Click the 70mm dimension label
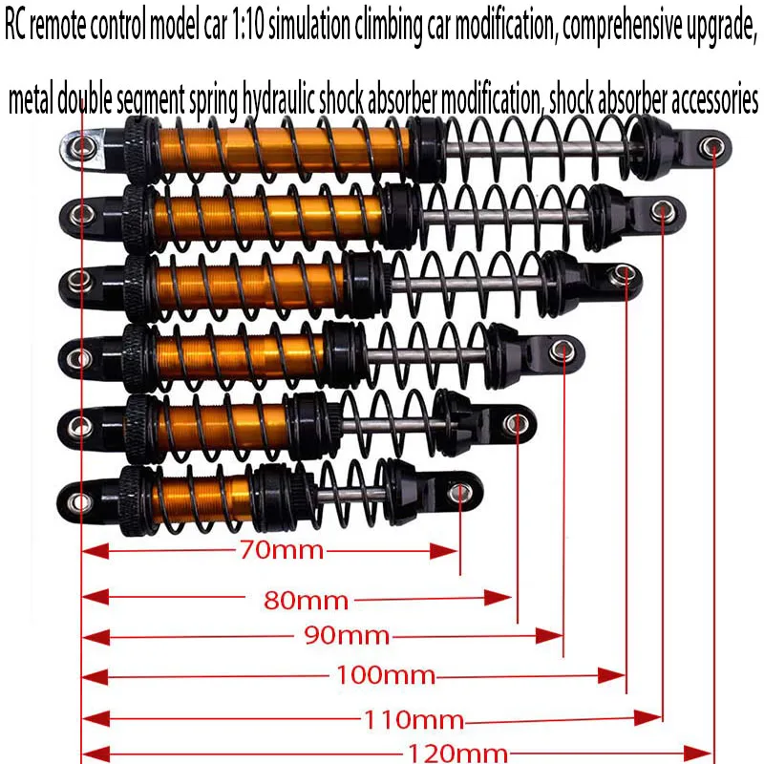tap(281, 551)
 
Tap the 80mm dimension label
tap(306, 601)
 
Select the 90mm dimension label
tap(347, 636)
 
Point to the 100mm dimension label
tap(386, 676)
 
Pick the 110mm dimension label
tap(414, 720)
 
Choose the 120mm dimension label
tap(457, 753)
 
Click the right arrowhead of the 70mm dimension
tap(444, 552)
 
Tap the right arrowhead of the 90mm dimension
tap(549, 636)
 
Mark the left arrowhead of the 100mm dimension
tap(95, 677)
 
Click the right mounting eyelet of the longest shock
tap(711, 147)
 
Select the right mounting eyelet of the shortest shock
tap(458, 493)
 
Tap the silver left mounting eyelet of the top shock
tap(81, 146)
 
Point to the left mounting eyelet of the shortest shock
tap(79, 501)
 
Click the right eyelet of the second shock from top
tap(663, 211)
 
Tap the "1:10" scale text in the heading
tap(248, 26)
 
